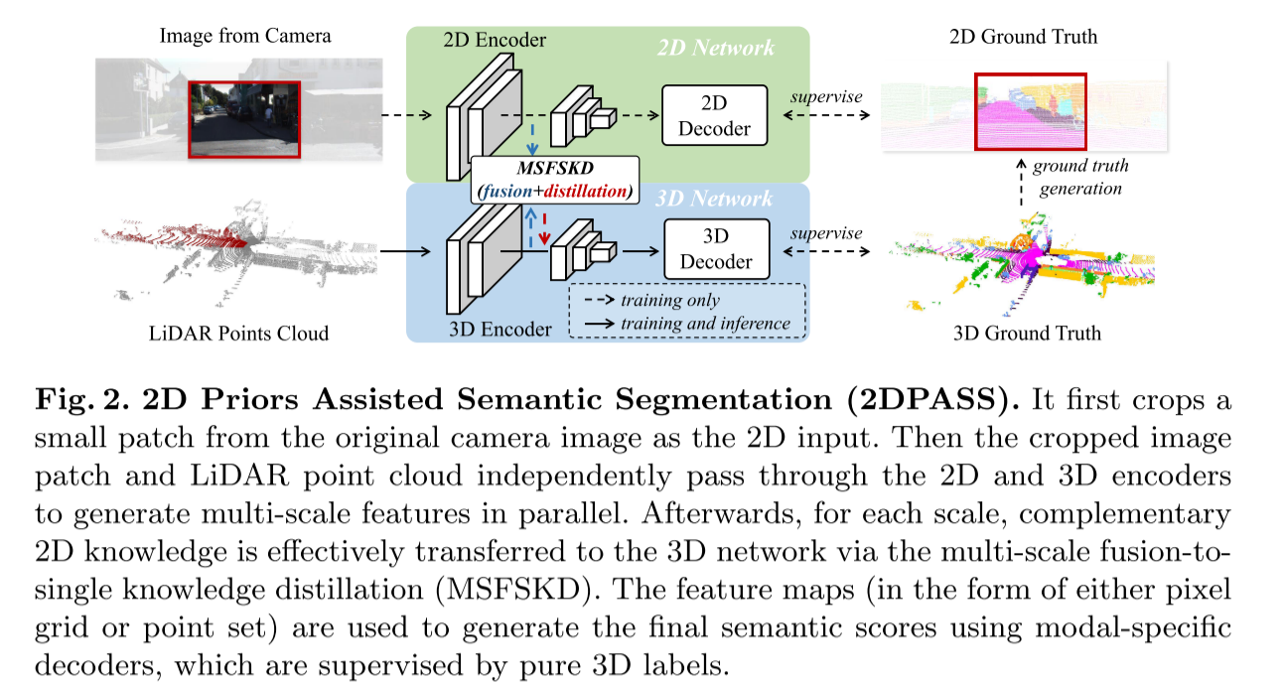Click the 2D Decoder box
pos(715,117)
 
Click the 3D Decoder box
pos(715,250)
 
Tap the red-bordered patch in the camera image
pos(244,118)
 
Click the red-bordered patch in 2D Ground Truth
pos(1030,111)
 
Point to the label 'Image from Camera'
pos(244,37)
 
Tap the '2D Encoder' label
pos(495,41)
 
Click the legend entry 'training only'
pos(670,300)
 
